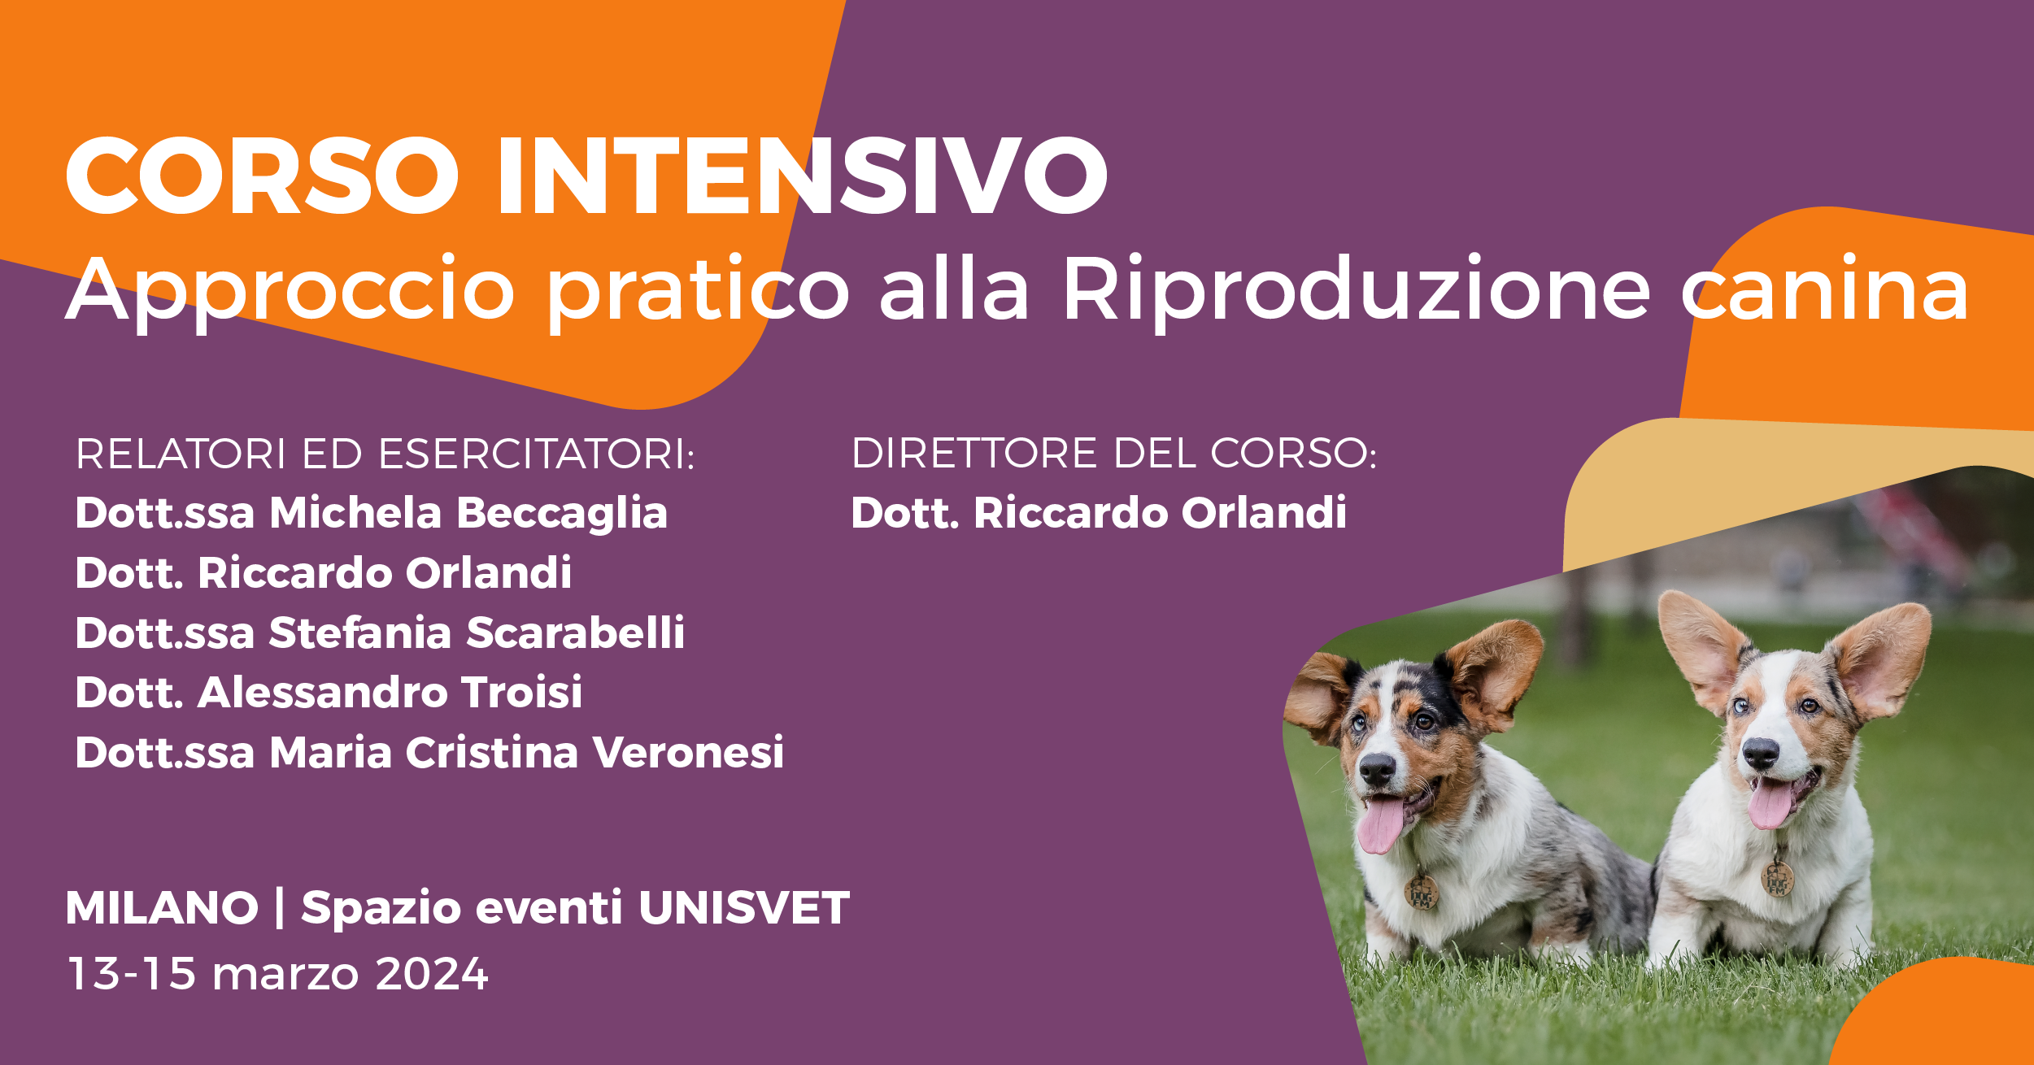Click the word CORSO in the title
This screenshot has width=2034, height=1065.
[262, 176]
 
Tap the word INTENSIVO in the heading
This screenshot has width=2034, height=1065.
[803, 176]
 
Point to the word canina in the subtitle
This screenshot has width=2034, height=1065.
[1824, 288]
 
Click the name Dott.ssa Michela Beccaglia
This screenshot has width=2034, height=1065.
[372, 513]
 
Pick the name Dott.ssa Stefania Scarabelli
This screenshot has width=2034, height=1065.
[380, 632]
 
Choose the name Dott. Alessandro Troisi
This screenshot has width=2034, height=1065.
[329, 692]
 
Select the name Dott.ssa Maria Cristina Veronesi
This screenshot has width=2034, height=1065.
[429, 752]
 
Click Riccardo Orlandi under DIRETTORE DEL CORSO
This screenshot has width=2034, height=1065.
[1160, 513]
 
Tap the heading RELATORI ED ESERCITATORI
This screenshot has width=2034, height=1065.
[385, 454]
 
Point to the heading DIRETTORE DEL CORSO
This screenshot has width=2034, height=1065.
[1114, 453]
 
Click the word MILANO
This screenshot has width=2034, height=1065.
[162, 907]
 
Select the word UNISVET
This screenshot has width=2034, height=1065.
[744, 907]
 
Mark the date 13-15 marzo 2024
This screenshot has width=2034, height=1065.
[278, 973]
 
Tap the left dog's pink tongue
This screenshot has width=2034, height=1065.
[1380, 823]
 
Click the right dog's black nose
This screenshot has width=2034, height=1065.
[1762, 752]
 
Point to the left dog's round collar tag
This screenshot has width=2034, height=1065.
[1422, 893]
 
